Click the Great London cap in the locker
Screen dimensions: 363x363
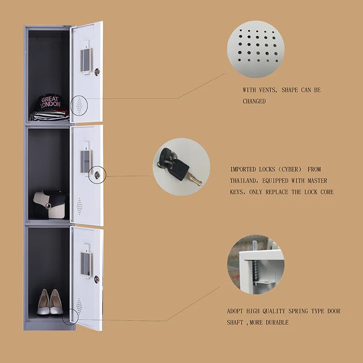tap(50, 102)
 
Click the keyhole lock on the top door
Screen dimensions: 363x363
tap(97, 71)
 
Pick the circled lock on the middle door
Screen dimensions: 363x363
tap(98, 174)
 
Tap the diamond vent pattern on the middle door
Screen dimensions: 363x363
tap(80, 206)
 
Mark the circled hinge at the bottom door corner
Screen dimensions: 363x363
tap(70, 317)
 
